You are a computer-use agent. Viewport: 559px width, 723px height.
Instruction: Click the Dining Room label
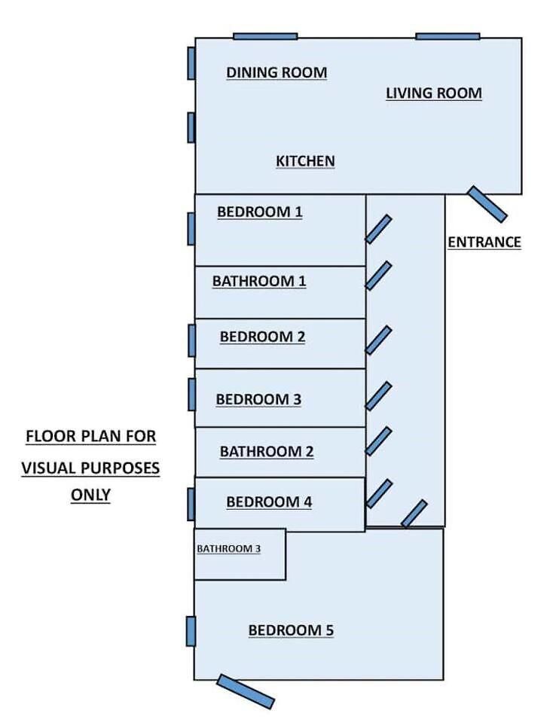[276, 72]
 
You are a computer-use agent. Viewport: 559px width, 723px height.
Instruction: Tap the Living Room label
[434, 93]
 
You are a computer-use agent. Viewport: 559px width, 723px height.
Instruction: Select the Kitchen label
[305, 161]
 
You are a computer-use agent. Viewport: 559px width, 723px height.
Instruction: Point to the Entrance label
[484, 242]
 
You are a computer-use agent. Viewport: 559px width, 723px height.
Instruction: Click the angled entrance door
[487, 204]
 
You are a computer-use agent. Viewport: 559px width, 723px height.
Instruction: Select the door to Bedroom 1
[379, 229]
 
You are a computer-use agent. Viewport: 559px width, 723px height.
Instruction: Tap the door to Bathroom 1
[379, 276]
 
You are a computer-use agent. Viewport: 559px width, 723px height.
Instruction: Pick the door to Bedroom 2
[379, 340]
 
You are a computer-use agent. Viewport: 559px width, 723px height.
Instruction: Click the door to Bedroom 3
[379, 396]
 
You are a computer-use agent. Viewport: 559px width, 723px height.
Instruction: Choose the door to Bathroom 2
[379, 441]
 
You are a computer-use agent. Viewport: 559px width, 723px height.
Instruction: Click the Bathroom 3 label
[229, 549]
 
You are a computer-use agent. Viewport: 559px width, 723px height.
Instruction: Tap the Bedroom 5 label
[291, 630]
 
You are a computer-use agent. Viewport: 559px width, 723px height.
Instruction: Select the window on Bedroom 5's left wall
[191, 631]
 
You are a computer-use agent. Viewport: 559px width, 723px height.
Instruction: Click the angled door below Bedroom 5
[246, 691]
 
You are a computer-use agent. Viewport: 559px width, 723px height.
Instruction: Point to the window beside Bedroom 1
[191, 229]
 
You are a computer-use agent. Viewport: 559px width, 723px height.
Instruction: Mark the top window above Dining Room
[265, 36]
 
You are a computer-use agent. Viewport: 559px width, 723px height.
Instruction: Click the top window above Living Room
[448, 36]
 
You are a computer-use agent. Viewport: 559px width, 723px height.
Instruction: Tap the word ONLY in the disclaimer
[91, 495]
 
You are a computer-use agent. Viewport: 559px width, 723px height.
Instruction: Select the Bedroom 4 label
[270, 502]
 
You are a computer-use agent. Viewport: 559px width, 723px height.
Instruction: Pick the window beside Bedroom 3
[192, 395]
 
